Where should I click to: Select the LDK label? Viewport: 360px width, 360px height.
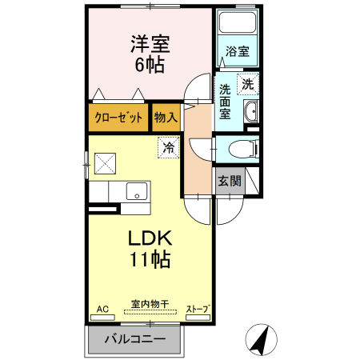click(149, 239)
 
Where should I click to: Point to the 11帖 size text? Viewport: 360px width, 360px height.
click(149, 260)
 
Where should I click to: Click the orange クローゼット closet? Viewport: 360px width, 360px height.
click(119, 118)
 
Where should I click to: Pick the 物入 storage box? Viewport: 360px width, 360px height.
click(166, 118)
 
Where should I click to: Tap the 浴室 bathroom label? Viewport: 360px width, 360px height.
click(237, 50)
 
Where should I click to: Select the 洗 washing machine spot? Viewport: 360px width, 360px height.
click(248, 83)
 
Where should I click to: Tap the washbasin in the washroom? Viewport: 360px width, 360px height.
click(250, 111)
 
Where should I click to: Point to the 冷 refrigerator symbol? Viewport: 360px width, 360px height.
click(168, 147)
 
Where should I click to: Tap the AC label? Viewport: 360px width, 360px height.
click(102, 308)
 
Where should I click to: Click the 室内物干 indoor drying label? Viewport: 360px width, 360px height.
click(149, 305)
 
